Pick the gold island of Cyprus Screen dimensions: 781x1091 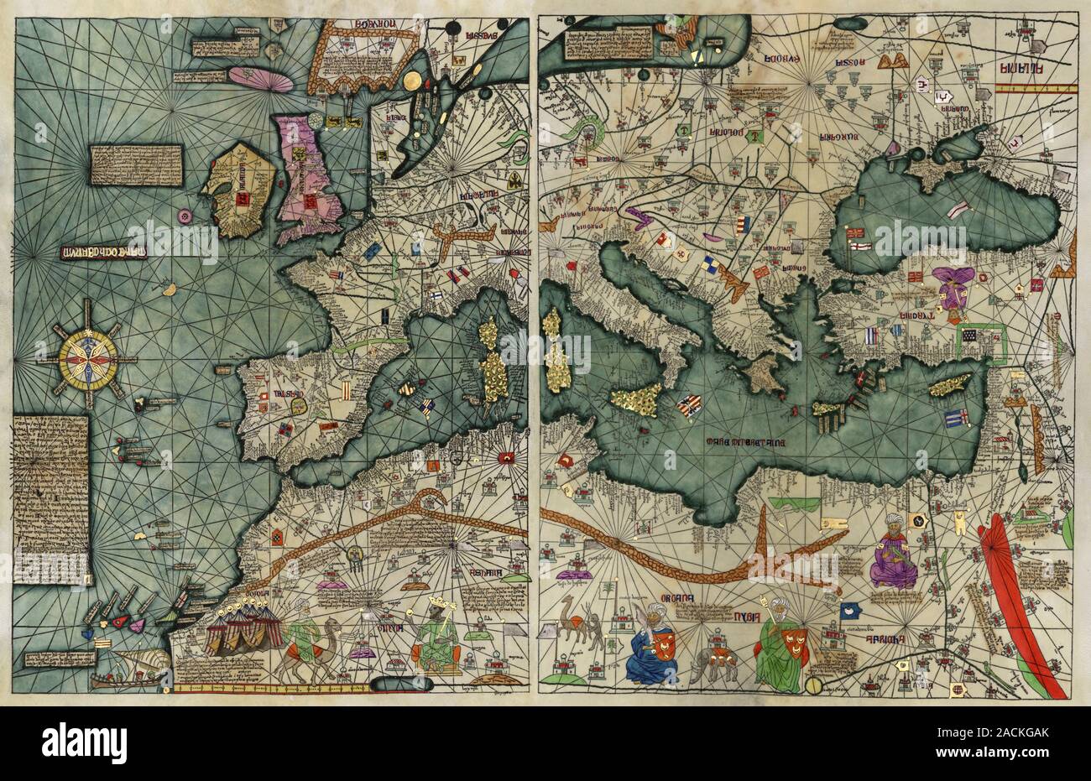(x=950, y=385)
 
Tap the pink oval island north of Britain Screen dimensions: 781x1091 (x=260, y=78)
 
